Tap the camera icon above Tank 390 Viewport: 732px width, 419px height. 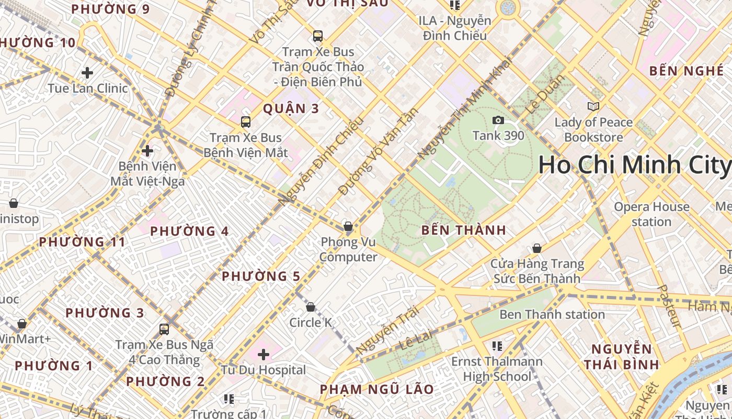point(498,120)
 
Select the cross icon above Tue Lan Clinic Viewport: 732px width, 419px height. point(87,72)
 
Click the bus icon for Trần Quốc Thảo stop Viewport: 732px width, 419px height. point(317,36)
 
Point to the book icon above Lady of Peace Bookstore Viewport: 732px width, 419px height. point(593,107)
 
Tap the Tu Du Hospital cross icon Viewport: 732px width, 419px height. point(264,355)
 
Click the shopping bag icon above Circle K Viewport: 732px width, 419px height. point(311,307)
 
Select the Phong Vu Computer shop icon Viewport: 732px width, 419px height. point(348,226)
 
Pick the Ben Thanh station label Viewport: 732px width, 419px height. point(552,314)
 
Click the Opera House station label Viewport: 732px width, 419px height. point(651,214)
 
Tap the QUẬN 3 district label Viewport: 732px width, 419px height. point(291,109)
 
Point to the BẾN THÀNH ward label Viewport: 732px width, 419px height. point(463,230)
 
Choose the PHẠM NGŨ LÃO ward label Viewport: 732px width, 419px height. point(376,389)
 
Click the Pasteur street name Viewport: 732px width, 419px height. point(669,306)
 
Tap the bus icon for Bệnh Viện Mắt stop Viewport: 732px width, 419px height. point(246,122)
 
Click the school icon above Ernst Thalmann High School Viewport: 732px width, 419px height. point(497,346)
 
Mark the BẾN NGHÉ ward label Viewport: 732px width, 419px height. point(686,71)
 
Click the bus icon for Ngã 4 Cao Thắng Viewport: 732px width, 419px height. point(164,329)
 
